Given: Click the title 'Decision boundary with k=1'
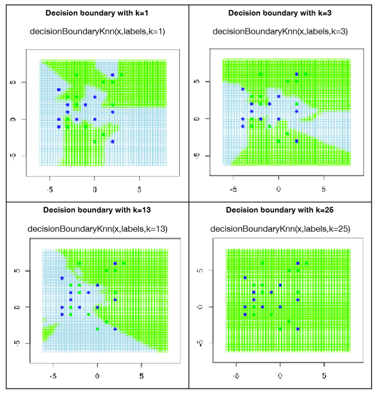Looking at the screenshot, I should (94, 13).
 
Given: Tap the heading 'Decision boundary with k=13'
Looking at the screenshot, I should (94, 209).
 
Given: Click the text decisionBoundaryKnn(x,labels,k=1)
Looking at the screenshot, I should (94, 31).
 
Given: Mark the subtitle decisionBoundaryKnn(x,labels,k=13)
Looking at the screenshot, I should (94, 228).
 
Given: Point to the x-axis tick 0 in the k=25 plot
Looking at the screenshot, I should (280, 376).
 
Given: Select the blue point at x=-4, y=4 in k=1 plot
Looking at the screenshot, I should (59, 89).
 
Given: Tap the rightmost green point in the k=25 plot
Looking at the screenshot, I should (306, 263).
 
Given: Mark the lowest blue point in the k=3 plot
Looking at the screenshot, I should (296, 141).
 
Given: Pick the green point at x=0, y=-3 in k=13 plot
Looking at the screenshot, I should (97, 329).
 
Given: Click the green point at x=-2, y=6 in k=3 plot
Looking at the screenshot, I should (260, 74).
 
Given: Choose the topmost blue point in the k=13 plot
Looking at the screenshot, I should (115, 263).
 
